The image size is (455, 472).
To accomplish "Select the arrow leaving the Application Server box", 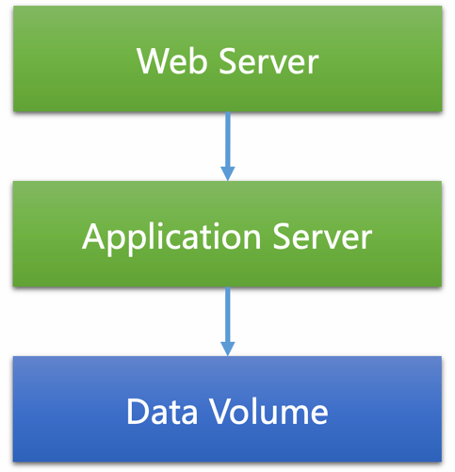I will (x=227, y=316).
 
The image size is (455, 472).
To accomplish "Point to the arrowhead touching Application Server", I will (x=227, y=172).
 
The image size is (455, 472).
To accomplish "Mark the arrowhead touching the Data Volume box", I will (x=227, y=349).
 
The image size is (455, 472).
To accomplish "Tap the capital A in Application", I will (x=94, y=236).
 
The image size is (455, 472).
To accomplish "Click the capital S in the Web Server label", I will (x=227, y=61).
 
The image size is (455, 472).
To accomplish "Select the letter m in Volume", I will (x=289, y=414).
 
